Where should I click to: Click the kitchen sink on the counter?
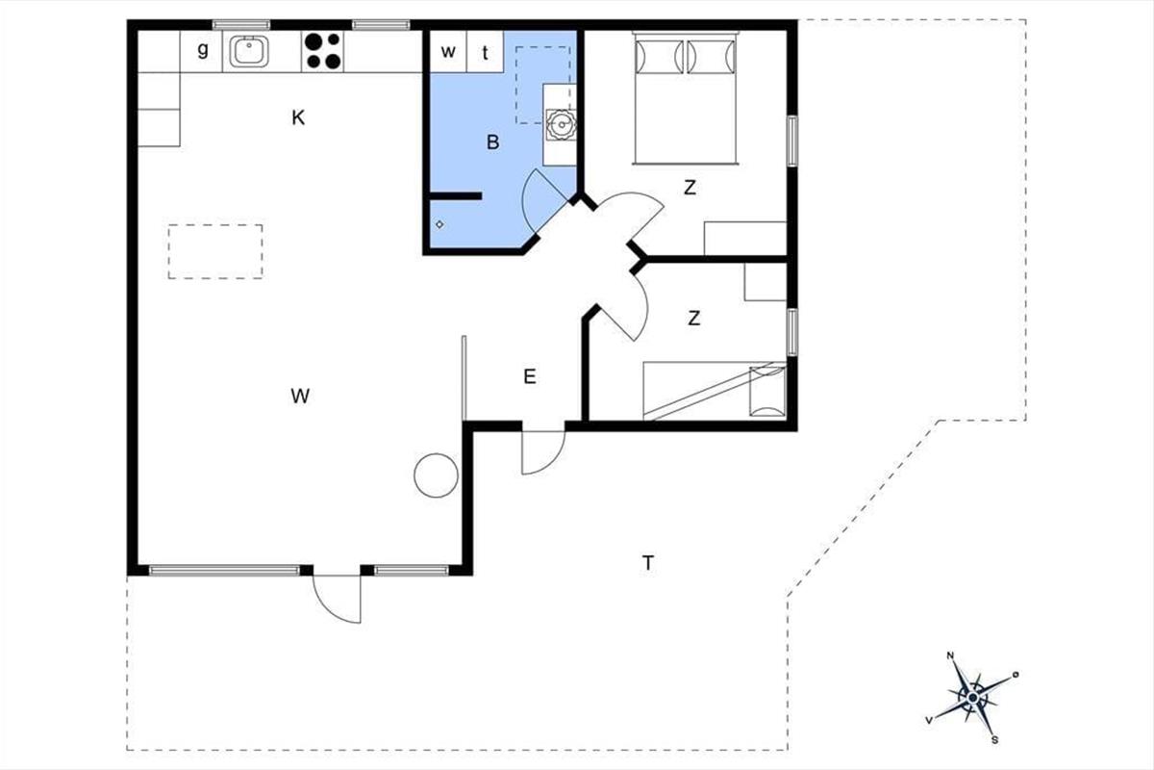[x=249, y=51]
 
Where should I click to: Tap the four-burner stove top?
[x=322, y=51]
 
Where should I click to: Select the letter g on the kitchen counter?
[x=203, y=50]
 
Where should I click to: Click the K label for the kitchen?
[x=298, y=118]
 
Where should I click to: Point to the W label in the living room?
[x=300, y=397]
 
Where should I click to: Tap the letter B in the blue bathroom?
[x=492, y=142]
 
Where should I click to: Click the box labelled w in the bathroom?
[x=448, y=52]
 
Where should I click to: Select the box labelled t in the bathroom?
[x=485, y=52]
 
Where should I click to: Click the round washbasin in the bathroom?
[x=561, y=124]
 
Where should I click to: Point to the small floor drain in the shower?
[x=439, y=225]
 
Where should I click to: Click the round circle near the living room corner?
[x=436, y=475]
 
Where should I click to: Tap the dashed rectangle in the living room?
[x=215, y=251]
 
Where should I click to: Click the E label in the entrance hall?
[x=530, y=377]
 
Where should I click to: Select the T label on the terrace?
[x=648, y=563]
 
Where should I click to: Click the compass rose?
[x=972, y=698]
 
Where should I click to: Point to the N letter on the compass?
[x=950, y=655]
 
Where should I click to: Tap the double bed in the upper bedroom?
[x=686, y=98]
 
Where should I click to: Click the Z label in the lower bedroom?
[x=694, y=319]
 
